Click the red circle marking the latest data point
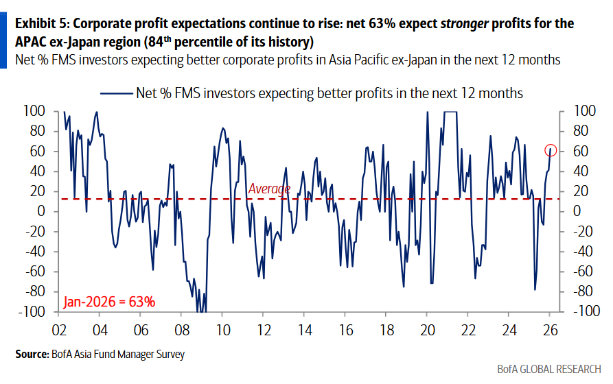pyautogui.click(x=551, y=150)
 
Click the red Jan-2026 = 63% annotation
pyautogui.click(x=109, y=301)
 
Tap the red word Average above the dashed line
pyautogui.click(x=269, y=189)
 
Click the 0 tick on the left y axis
pyautogui.click(x=41, y=211)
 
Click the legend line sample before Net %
pyautogui.click(x=117, y=93)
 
